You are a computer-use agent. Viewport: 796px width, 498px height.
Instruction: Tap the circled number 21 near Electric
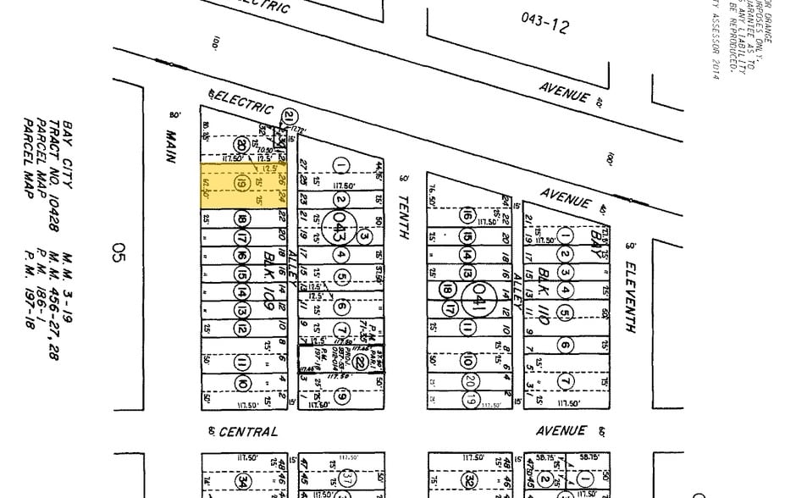pyautogui.click(x=290, y=117)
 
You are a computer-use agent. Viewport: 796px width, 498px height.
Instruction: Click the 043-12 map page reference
pyautogui.click(x=545, y=24)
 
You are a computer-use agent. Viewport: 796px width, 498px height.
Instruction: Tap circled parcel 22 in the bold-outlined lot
pyautogui.click(x=360, y=362)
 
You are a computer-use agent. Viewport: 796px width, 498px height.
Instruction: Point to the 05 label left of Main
pyautogui.click(x=119, y=253)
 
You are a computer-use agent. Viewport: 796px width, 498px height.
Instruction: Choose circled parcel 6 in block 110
pyautogui.click(x=565, y=345)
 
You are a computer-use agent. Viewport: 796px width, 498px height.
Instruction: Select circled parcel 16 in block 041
pyautogui.click(x=466, y=216)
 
